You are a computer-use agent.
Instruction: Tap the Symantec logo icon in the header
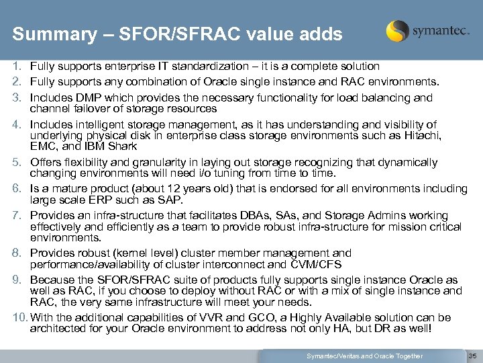[x=398, y=31]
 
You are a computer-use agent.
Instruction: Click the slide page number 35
[x=472, y=355]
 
